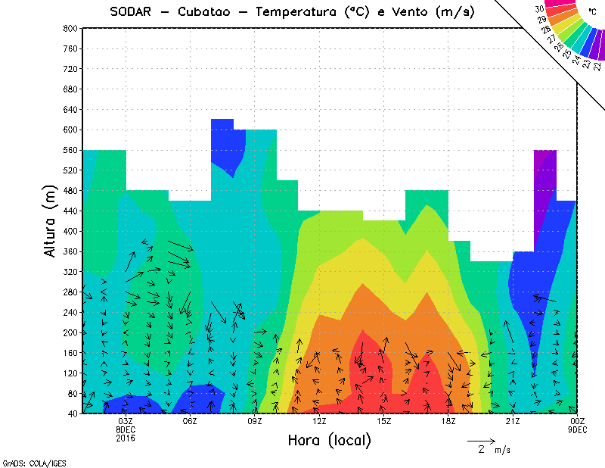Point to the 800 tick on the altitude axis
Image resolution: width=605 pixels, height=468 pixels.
pyautogui.click(x=70, y=28)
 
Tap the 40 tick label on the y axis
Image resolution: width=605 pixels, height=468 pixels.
pyautogui.click(x=73, y=414)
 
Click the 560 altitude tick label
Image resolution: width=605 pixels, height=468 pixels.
pyautogui.click(x=70, y=150)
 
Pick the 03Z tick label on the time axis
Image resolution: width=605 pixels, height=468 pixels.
pyautogui.click(x=126, y=421)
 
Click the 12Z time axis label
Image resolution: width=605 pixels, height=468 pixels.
pyautogui.click(x=319, y=421)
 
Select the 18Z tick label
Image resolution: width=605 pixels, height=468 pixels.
pyautogui.click(x=448, y=421)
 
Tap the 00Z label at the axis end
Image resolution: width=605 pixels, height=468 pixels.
pyautogui.click(x=577, y=421)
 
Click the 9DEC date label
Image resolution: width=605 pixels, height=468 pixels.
pyautogui.click(x=577, y=429)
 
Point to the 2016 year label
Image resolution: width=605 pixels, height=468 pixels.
pyautogui.click(x=126, y=438)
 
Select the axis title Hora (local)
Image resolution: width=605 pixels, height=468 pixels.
pyautogui.click(x=329, y=440)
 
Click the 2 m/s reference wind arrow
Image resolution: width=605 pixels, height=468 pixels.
pyautogui.click(x=480, y=440)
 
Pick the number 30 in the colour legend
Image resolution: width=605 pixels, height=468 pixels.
pyautogui.click(x=540, y=9)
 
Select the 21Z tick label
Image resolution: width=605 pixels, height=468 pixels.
pyautogui.click(x=513, y=421)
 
